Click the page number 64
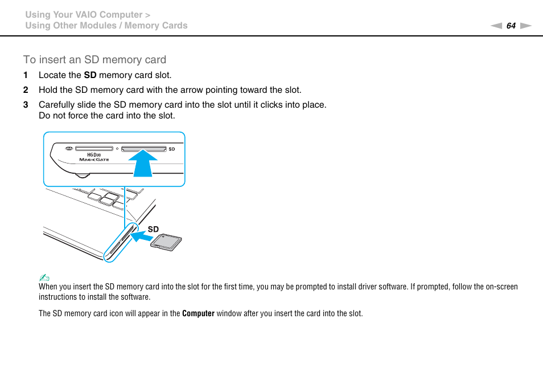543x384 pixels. click(511, 26)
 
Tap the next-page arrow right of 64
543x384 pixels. click(525, 26)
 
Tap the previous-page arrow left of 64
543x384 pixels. click(496, 26)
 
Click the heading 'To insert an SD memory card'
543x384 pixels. click(94, 60)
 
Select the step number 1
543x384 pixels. click(25, 75)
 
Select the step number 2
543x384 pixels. click(25, 90)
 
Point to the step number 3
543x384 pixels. click(25, 105)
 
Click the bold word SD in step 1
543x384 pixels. click(90, 75)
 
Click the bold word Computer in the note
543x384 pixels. click(198, 313)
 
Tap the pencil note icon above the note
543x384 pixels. click(44, 278)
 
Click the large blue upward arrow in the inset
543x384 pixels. click(143, 162)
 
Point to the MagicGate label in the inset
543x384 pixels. click(94, 160)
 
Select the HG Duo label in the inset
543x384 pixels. click(93, 154)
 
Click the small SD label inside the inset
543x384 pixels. click(172, 149)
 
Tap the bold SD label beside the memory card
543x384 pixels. click(153, 229)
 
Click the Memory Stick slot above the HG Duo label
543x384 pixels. click(94, 149)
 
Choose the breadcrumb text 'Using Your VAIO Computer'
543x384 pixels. click(84, 15)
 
